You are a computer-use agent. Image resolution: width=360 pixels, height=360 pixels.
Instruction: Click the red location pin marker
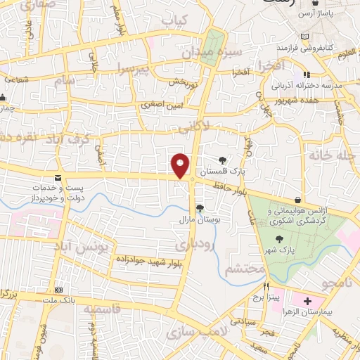(181, 165)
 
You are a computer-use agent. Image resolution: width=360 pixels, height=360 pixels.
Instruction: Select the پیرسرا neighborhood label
(134, 69)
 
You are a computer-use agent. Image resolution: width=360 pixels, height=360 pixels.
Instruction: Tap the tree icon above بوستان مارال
(200, 207)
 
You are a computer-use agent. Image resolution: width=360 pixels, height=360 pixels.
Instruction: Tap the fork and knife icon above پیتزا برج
(266, 287)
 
